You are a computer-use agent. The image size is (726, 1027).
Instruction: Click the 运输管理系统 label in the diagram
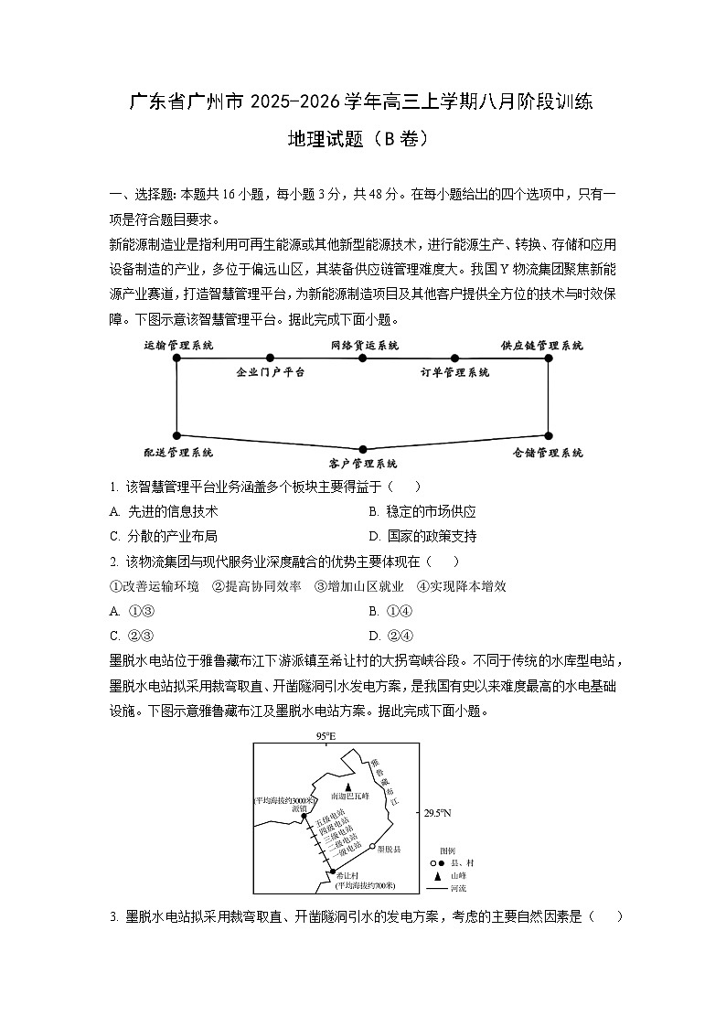point(179,346)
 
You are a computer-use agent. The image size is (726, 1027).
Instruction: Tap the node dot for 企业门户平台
point(270,358)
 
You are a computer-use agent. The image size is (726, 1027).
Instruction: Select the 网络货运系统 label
point(364,346)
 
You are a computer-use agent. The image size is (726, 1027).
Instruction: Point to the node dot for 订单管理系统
point(454,358)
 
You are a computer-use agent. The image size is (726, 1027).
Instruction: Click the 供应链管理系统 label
point(541,346)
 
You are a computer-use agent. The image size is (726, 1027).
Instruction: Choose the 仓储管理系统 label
point(548,453)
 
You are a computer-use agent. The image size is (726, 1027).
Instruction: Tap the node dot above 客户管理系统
point(363,449)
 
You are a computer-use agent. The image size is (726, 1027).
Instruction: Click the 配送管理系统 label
point(178,453)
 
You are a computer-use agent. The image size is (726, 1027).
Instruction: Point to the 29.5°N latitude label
point(438,812)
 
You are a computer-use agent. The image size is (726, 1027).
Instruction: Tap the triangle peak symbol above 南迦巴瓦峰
point(347,786)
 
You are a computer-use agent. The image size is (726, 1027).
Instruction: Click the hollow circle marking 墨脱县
point(372,846)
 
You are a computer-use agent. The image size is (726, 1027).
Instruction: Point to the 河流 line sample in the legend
point(436,887)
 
